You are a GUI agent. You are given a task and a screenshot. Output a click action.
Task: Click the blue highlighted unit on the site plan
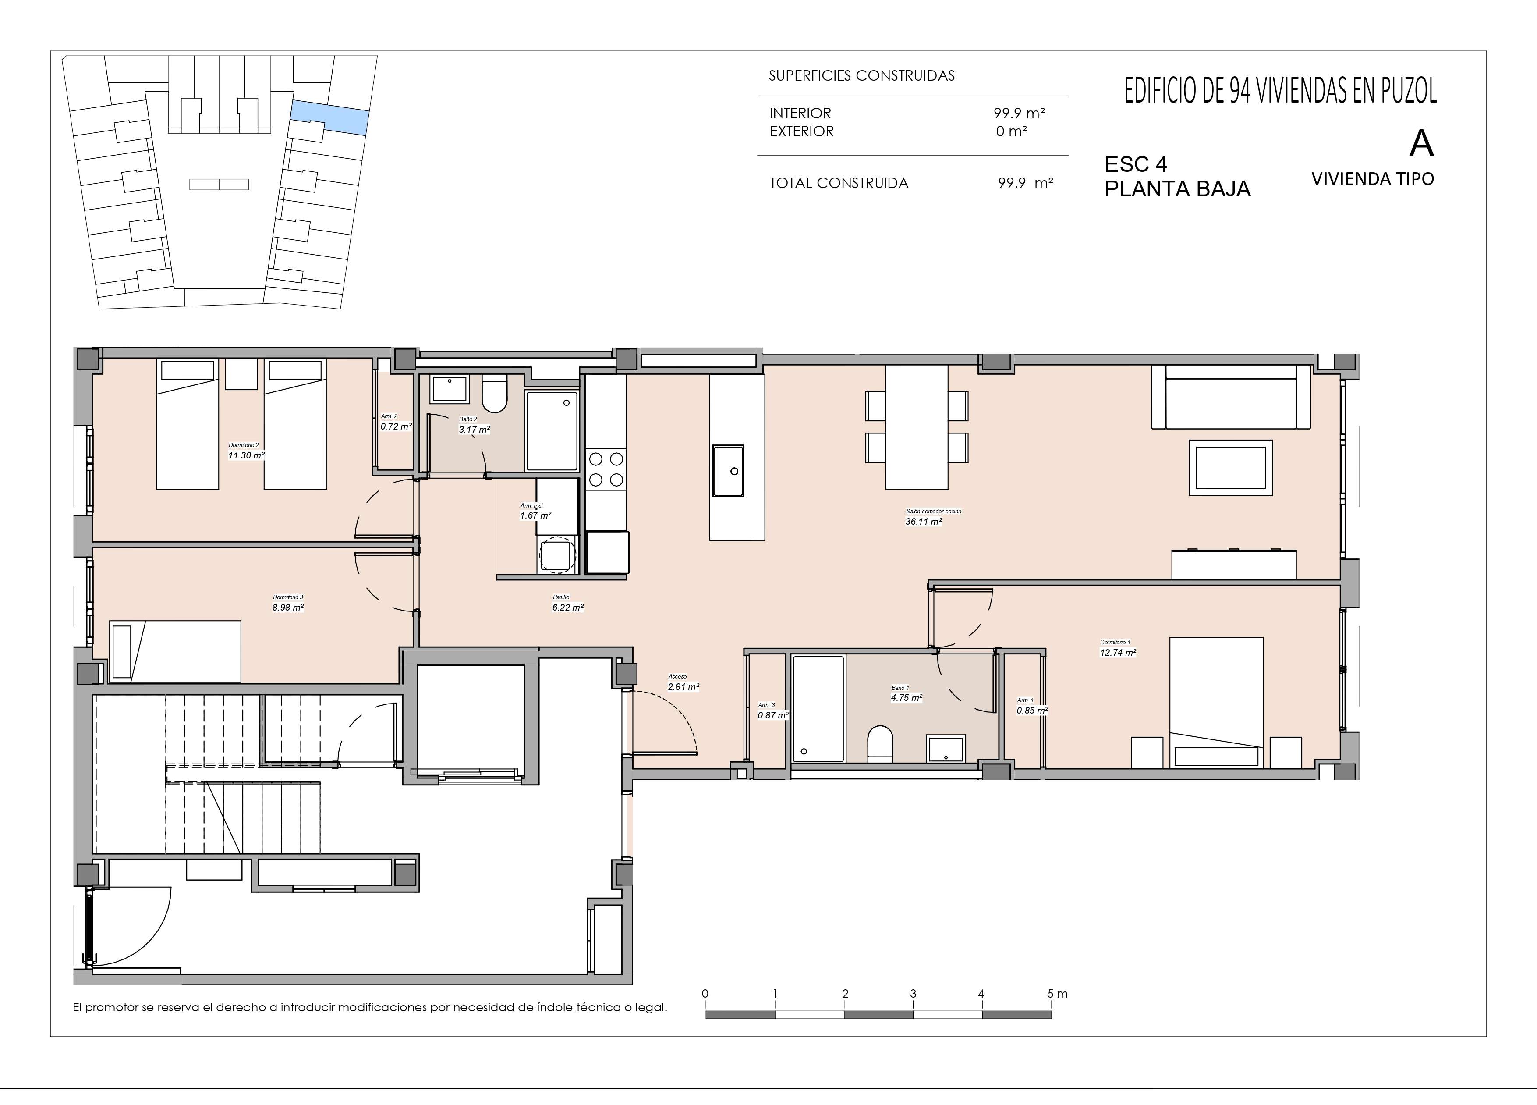(330, 117)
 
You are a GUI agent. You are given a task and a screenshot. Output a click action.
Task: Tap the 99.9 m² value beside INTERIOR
(1019, 113)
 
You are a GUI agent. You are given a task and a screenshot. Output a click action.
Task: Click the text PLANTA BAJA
(1177, 189)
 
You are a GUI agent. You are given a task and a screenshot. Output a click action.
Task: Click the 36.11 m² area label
(923, 521)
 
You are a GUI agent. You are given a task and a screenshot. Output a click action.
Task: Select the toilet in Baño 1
(880, 744)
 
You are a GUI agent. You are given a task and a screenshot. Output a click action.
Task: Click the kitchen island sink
(728, 470)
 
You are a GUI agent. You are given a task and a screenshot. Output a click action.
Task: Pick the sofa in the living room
(1231, 397)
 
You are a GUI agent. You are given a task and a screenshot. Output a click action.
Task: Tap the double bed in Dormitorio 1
(1216, 702)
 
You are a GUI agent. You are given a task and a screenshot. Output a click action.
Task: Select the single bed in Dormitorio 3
(175, 651)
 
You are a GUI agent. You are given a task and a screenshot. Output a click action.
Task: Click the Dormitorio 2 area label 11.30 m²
(246, 455)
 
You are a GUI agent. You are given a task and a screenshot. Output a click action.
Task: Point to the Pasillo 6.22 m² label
(568, 603)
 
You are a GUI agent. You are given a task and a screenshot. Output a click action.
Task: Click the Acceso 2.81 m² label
(683, 682)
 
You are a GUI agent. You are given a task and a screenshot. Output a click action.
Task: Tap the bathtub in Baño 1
(818, 708)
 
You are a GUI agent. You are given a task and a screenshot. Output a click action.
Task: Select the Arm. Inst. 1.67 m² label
(535, 511)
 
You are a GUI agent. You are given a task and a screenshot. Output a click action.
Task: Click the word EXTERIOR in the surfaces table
(802, 131)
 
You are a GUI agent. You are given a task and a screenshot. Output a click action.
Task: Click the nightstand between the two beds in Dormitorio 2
(241, 374)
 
